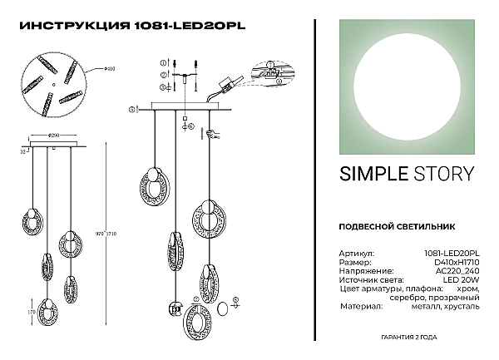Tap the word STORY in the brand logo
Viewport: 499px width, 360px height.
[444, 173]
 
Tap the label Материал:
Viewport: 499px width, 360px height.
[361, 307]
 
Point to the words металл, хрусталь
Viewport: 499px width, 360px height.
[451, 307]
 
